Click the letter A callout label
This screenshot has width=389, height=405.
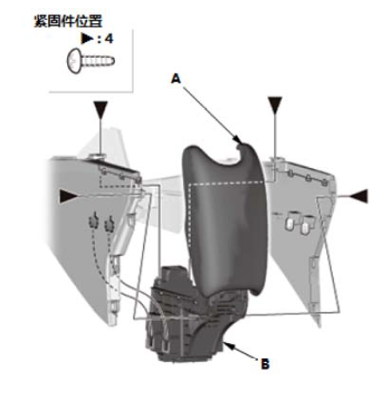pos(176,78)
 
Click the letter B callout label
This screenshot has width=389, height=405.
pos(265,364)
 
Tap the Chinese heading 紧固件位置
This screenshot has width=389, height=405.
pos(68,22)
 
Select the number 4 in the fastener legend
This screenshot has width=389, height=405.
pos(109,39)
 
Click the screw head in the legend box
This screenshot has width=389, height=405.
pos(74,61)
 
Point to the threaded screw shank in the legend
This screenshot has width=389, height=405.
pos(97,61)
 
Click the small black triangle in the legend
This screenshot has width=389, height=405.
pos(87,39)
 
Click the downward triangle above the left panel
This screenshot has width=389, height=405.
pos(101,109)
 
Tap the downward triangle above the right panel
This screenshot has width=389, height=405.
pos(275,105)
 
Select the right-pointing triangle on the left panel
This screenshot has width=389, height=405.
pos(68,196)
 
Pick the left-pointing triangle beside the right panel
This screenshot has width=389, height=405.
pos(358,196)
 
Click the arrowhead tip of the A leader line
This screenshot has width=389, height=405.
pos(241,142)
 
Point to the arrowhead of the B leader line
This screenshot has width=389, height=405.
pos(225,344)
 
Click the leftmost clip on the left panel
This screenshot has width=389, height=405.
pos(93,221)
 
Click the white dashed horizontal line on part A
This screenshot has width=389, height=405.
pos(226,183)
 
